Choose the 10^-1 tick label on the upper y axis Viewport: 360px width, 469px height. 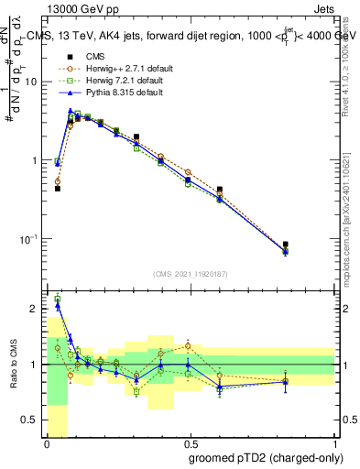coord(30,239)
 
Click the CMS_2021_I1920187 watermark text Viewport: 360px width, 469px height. coord(191,274)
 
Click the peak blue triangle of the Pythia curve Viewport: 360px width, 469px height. coord(71,112)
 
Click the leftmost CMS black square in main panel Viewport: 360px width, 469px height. coord(57,188)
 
